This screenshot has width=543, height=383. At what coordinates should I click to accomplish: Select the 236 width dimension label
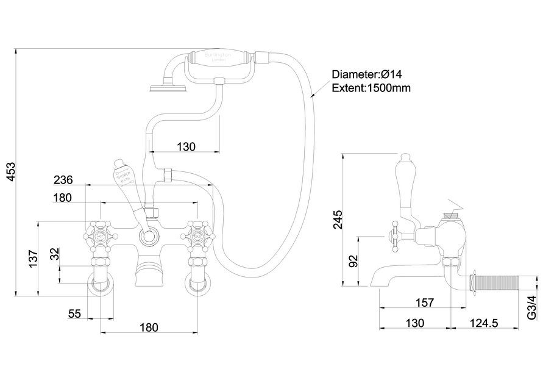63,180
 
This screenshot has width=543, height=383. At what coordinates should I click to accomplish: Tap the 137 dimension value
34,259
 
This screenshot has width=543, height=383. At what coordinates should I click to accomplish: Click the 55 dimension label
74,314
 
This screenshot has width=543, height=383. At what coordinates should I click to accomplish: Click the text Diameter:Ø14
367,74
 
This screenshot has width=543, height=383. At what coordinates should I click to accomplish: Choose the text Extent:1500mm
371,88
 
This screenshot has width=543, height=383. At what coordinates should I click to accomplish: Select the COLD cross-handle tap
198,235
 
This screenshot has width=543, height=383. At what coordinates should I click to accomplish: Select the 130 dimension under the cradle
186,146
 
